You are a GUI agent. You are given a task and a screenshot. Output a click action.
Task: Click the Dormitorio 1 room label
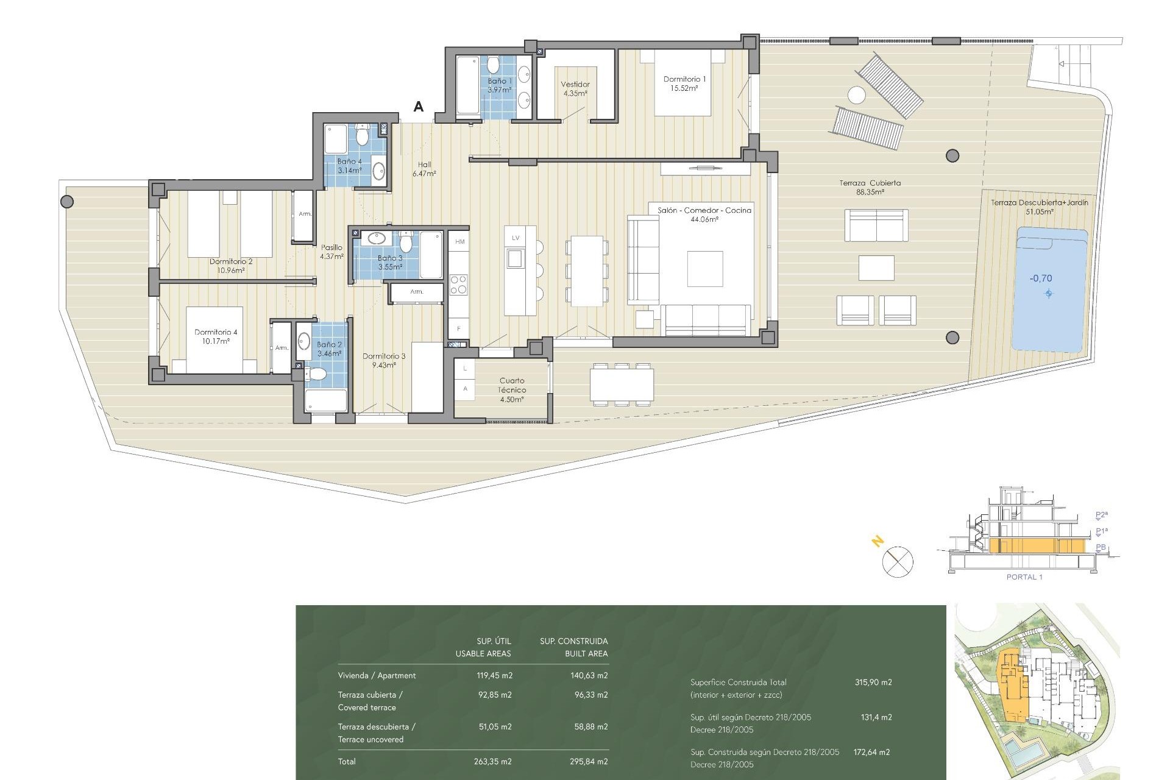click(684, 83)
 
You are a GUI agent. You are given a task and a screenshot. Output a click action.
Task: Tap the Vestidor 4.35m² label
click(575, 89)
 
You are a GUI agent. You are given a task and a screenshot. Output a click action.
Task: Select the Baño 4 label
click(350, 166)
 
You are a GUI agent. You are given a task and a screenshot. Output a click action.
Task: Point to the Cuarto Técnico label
click(512, 390)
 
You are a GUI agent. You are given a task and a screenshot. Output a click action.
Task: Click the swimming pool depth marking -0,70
click(1041, 278)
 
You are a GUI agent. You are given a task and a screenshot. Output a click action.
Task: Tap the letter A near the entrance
click(419, 107)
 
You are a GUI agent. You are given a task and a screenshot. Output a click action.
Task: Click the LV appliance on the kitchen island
click(516, 238)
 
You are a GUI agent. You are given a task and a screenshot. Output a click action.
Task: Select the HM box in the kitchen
click(459, 242)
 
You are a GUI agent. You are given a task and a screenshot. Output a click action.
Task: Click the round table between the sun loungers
click(856, 96)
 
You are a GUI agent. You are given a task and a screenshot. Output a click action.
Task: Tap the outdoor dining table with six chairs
click(622, 385)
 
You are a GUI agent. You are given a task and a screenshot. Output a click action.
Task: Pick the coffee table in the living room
click(705, 269)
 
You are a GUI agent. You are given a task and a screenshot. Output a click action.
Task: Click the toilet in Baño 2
click(316, 374)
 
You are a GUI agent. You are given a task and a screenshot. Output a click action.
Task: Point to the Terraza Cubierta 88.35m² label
click(870, 187)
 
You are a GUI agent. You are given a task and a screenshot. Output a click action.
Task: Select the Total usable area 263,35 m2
click(492, 761)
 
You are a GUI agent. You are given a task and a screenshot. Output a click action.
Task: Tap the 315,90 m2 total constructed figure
click(873, 682)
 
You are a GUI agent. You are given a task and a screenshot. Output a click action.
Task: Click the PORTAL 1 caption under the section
click(1024, 577)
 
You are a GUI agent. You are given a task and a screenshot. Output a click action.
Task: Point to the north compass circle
click(898, 562)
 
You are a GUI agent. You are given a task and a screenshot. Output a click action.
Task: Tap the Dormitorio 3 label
click(384, 361)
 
